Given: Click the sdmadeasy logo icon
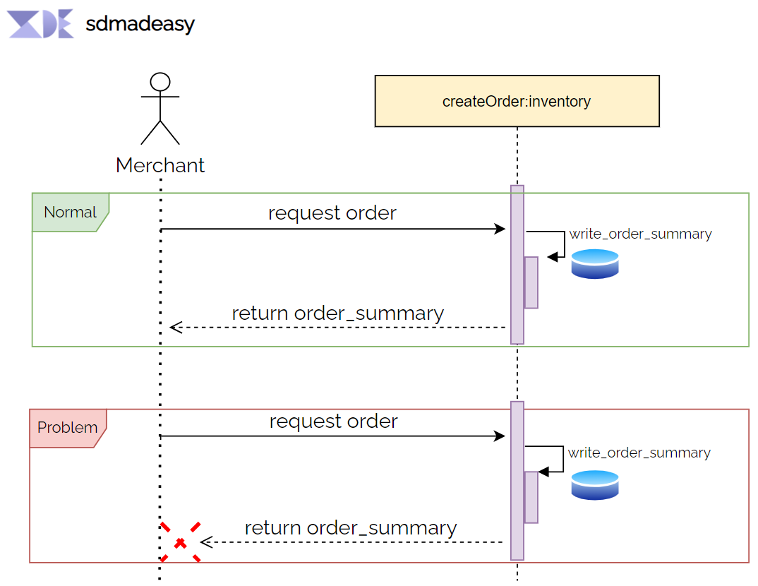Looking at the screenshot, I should tap(41, 24).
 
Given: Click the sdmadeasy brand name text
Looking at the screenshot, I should tap(140, 25).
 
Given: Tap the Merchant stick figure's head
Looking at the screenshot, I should tap(160, 82).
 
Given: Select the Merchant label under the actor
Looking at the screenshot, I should tap(160, 165).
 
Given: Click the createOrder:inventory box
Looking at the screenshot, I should tap(517, 101).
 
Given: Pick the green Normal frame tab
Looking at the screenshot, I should tap(70, 212).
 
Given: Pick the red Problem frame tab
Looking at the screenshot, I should tap(67, 428).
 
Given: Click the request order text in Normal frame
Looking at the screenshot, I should tap(332, 213).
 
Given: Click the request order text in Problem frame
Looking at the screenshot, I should tap(333, 421).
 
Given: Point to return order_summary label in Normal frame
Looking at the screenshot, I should tap(337, 313).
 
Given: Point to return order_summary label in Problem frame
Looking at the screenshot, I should tap(351, 527).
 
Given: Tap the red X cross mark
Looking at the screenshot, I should tap(181, 542).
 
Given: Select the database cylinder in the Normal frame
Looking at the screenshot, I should tap(594, 263).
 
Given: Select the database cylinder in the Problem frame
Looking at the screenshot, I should tap(594, 485).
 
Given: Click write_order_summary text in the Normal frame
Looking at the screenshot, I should tap(640, 234).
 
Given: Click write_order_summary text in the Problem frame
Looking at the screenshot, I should tap(639, 453).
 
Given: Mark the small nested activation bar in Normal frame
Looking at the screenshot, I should tap(531, 282).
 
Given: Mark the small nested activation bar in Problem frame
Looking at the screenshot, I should tap(531, 497).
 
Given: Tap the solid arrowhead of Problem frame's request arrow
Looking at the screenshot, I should tap(500, 436).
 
